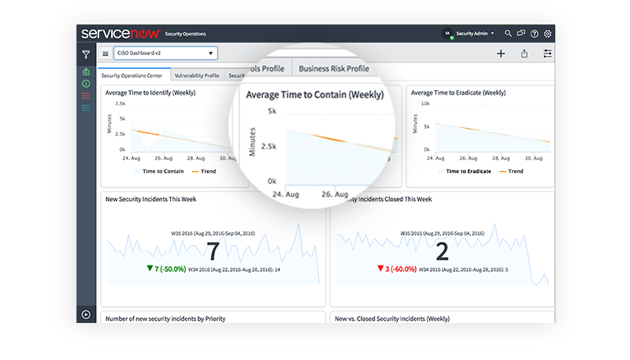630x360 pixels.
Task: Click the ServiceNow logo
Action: (x=120, y=33)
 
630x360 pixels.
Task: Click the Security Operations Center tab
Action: (x=132, y=76)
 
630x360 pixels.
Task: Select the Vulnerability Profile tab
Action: (x=197, y=76)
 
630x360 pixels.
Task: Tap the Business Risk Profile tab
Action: (x=334, y=69)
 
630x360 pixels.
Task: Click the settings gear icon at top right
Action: (x=548, y=34)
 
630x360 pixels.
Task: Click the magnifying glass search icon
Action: (x=509, y=34)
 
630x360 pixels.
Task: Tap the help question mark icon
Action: (x=535, y=34)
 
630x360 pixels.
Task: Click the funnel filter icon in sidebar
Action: (x=86, y=54)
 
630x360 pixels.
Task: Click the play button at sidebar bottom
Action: (x=86, y=314)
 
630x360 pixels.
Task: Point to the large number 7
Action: (x=213, y=251)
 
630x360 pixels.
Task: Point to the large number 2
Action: (x=442, y=251)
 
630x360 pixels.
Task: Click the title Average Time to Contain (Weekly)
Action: (x=314, y=95)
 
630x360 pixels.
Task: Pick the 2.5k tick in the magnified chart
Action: (x=266, y=147)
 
